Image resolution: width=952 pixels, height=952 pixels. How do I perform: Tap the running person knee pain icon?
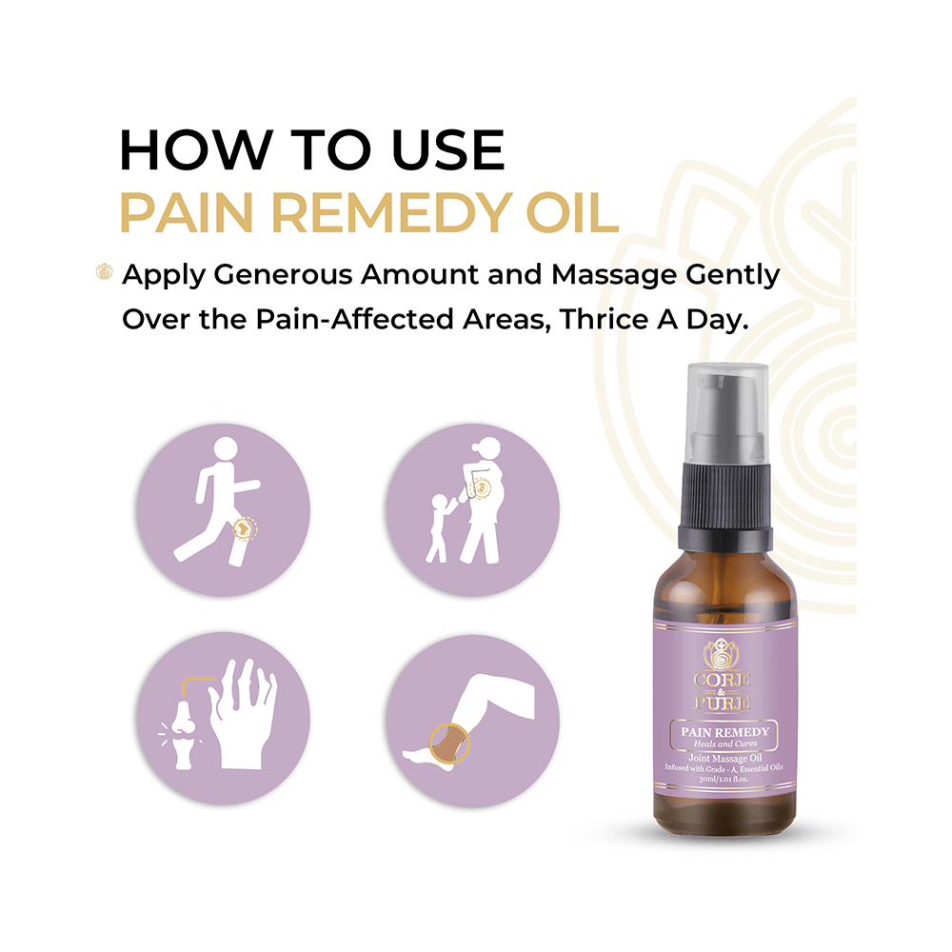point(224,508)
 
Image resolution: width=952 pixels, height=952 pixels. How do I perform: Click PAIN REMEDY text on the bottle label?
point(725,731)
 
